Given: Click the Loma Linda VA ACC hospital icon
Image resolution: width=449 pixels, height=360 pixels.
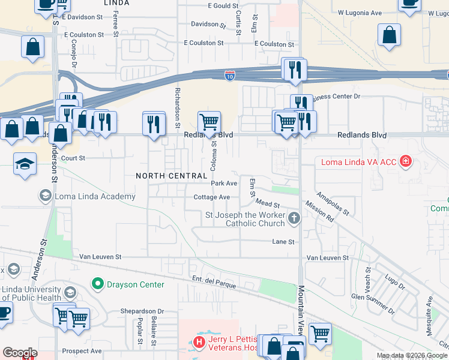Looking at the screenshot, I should tap(406, 161).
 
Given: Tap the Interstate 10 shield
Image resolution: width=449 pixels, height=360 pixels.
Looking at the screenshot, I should tap(230, 75).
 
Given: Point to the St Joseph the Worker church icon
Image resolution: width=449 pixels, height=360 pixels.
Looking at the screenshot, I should tap(294, 218).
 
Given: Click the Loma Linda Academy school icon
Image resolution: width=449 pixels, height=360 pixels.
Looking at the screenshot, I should tap(45, 196).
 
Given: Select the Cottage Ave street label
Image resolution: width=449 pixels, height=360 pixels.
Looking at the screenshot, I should tap(211, 197).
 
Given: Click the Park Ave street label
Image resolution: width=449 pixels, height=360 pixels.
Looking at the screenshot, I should tap(224, 183).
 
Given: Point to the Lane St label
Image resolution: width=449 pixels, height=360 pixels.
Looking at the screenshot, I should tap(283, 242).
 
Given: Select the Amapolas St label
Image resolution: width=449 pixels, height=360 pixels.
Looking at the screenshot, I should tap(333, 203).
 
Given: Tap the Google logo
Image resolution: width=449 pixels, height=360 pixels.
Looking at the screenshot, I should tap(20, 353).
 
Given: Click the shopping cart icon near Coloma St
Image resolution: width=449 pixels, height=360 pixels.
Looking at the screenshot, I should tap(209, 122).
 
